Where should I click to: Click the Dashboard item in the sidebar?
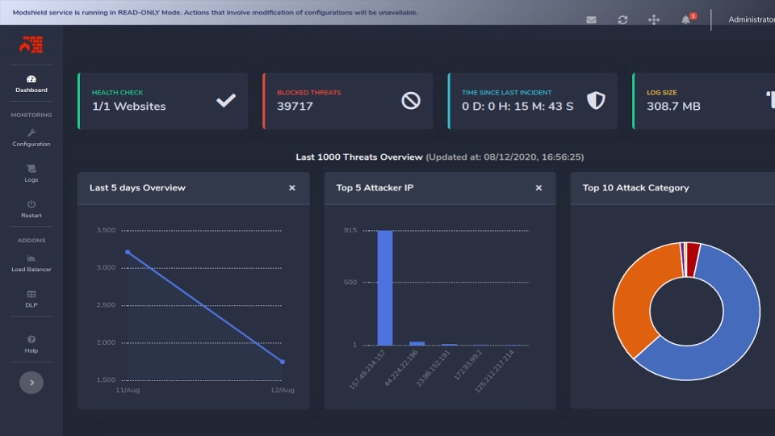pyautogui.click(x=31, y=83)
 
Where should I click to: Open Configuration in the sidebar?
pyautogui.click(x=31, y=137)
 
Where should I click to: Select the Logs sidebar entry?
pyautogui.click(x=31, y=174)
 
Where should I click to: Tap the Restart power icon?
pyautogui.click(x=31, y=205)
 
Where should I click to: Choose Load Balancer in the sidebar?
pyautogui.click(x=31, y=263)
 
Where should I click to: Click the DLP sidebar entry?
pyautogui.click(x=31, y=299)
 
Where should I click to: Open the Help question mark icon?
pyautogui.click(x=31, y=340)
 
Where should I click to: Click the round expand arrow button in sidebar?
pyautogui.click(x=31, y=383)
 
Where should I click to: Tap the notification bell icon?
pyautogui.click(x=686, y=19)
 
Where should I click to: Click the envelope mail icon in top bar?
pyautogui.click(x=591, y=19)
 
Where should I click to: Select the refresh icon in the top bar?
pyautogui.click(x=622, y=19)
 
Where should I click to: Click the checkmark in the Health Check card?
pyautogui.click(x=226, y=100)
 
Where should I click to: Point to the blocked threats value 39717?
pyautogui.click(x=295, y=107)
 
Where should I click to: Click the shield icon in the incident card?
pyautogui.click(x=596, y=100)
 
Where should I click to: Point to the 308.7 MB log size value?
pyautogui.click(x=673, y=107)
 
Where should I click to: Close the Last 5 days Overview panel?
pyautogui.click(x=292, y=187)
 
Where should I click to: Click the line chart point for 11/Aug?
pyautogui.click(x=128, y=252)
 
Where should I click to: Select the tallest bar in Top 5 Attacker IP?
pyautogui.click(x=385, y=287)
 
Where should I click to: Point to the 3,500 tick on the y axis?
pyautogui.click(x=106, y=230)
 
